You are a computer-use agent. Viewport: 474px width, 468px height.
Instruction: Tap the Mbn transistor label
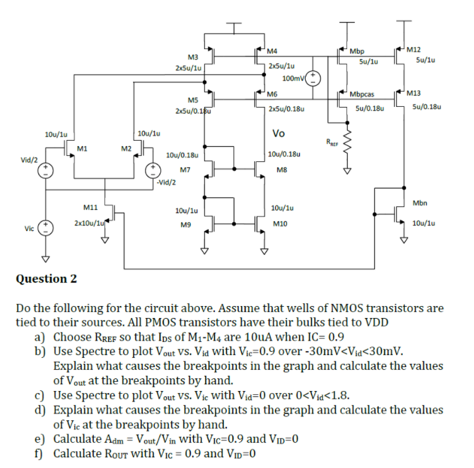(x=419, y=202)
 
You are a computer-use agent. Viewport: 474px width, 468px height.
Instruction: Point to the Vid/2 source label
(x=29, y=159)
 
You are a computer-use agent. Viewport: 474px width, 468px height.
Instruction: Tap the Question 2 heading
(x=46, y=278)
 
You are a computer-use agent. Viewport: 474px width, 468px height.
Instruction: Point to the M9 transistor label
(x=185, y=224)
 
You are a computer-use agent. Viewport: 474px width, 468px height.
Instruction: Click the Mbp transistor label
(x=357, y=50)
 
